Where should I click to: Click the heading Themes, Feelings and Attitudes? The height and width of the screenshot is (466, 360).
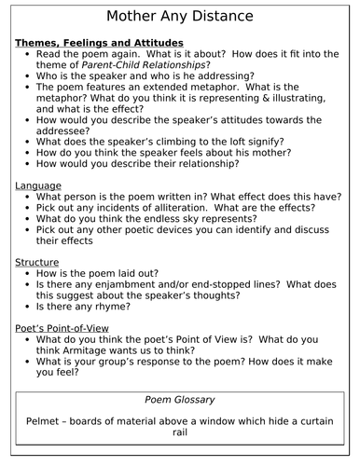point(99,44)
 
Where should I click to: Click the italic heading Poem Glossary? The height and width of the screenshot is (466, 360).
point(179,399)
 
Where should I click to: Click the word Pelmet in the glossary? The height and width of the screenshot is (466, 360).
point(46,423)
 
